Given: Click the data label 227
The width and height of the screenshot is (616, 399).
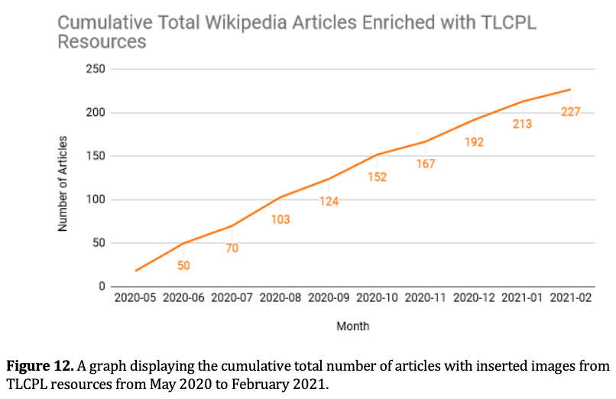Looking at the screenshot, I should click(570, 112).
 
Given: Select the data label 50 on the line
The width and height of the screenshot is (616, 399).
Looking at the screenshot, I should click(183, 266).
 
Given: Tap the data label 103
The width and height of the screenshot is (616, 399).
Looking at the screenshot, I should click(280, 219).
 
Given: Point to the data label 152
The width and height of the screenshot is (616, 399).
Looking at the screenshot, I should click(377, 177).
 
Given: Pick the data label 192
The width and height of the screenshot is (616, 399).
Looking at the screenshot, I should click(474, 142).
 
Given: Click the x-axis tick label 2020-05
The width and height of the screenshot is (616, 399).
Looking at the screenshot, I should click(135, 297).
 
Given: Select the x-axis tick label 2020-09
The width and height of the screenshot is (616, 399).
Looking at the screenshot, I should click(329, 297).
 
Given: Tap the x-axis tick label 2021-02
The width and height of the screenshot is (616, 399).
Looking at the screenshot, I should click(571, 297).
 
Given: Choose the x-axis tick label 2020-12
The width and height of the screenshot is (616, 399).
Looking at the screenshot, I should click(474, 297).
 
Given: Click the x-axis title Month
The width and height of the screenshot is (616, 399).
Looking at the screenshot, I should click(352, 326).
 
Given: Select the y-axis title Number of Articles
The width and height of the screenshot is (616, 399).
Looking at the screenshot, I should click(64, 183).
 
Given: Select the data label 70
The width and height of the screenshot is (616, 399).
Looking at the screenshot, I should click(232, 248).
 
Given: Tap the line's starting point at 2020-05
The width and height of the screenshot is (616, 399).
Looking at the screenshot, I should click(135, 271).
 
